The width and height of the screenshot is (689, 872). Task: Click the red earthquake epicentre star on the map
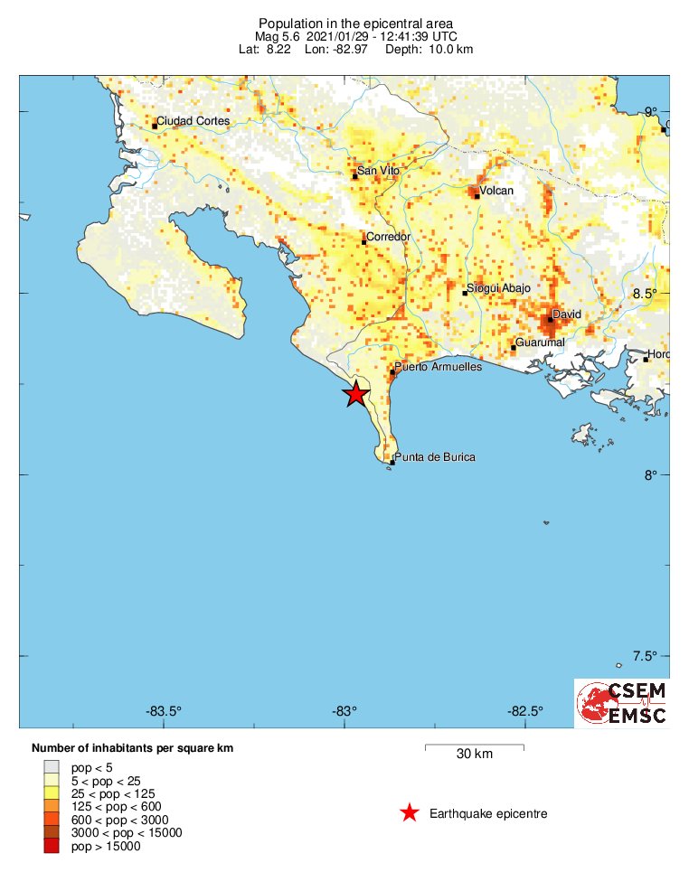click(x=356, y=394)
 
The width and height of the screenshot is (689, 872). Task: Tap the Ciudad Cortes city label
click(x=193, y=121)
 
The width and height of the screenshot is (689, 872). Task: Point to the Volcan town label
click(x=496, y=191)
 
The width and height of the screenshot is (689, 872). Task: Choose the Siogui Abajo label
click(x=498, y=287)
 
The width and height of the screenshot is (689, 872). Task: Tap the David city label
click(x=566, y=314)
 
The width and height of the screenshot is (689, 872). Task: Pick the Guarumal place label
click(x=540, y=342)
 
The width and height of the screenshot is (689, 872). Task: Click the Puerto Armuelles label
click(x=439, y=367)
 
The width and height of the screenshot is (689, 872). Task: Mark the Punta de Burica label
click(x=436, y=457)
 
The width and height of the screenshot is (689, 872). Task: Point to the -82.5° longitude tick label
click(x=525, y=709)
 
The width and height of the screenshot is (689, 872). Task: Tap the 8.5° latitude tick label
click(x=645, y=294)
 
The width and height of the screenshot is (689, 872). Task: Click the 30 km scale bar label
click(x=474, y=755)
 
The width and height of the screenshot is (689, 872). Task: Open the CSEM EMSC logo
click(x=622, y=703)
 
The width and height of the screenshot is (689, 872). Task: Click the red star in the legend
click(x=410, y=813)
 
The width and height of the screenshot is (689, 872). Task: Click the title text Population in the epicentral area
click(x=355, y=23)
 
